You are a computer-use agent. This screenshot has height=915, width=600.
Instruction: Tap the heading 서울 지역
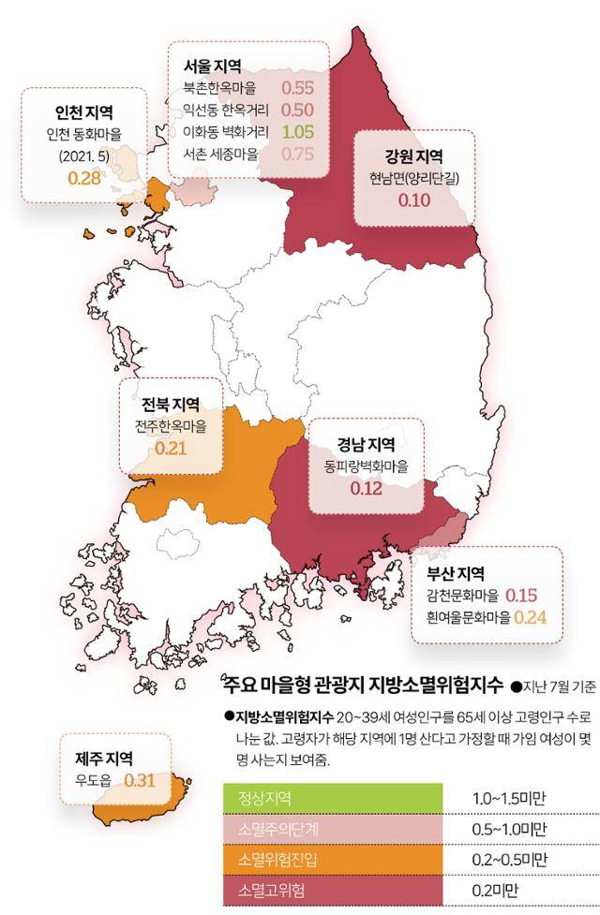click(x=213, y=66)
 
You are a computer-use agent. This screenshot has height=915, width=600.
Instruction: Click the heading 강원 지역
click(x=413, y=155)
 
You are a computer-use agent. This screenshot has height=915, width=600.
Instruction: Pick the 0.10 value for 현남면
click(x=413, y=200)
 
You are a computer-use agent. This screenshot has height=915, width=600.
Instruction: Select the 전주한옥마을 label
click(x=171, y=426)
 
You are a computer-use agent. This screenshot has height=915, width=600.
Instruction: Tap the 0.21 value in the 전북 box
click(x=172, y=448)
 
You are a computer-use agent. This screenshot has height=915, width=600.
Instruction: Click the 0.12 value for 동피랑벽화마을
click(x=367, y=488)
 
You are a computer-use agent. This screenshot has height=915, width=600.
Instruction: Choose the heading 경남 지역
click(x=367, y=443)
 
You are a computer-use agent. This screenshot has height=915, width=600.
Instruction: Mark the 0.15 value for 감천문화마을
click(x=521, y=596)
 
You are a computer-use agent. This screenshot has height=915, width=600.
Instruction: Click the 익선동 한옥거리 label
click(x=226, y=111)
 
